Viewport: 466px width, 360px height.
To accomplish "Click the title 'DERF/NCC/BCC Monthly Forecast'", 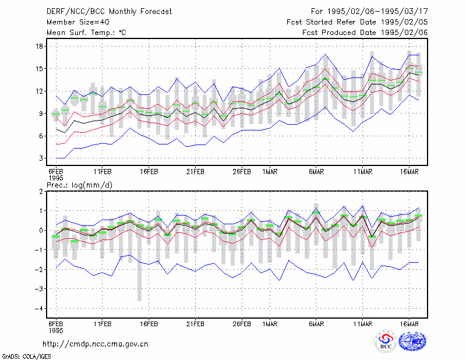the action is [x=109, y=12].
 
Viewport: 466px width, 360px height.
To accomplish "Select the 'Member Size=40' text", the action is [x=78, y=22].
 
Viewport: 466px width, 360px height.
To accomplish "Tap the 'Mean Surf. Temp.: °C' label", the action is [x=86, y=33].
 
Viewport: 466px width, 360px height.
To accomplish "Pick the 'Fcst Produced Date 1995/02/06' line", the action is [x=365, y=33].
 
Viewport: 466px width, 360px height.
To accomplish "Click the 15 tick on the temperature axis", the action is [x=40, y=69].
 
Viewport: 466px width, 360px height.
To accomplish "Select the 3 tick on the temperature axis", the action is [x=41, y=158].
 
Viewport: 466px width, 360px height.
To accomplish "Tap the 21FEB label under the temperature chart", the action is [x=195, y=172].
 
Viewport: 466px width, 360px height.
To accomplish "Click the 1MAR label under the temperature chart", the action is [x=270, y=172].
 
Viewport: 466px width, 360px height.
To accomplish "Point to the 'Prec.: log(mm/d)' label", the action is [x=79, y=185].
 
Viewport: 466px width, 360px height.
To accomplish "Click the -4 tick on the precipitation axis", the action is [x=39, y=309].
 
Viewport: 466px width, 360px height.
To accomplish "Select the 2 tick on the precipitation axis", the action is [x=41, y=192].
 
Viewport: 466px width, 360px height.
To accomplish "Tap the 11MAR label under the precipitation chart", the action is [x=363, y=324].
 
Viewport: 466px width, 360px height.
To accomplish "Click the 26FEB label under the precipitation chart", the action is [x=242, y=324].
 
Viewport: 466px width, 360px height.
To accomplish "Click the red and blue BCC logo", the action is [x=386, y=341].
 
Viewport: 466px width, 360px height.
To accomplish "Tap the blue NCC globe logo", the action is [x=412, y=341].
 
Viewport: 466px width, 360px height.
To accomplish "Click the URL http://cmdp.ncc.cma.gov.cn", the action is [x=96, y=344].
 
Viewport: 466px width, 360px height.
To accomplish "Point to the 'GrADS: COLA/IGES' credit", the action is [x=26, y=357].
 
